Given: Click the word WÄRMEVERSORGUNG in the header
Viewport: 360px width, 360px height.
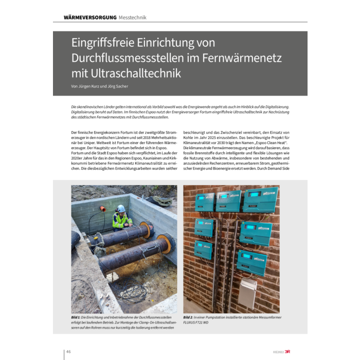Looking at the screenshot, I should [x=90, y=17].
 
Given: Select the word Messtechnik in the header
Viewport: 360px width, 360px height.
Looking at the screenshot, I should [x=133, y=17].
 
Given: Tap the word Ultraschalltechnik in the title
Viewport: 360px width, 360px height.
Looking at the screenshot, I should [x=127, y=74].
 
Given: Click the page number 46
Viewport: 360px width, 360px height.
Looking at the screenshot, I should [x=68, y=352].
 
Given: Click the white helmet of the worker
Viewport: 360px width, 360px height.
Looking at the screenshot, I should [x=121, y=208].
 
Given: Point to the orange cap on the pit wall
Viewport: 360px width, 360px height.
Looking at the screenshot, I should [x=102, y=209].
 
